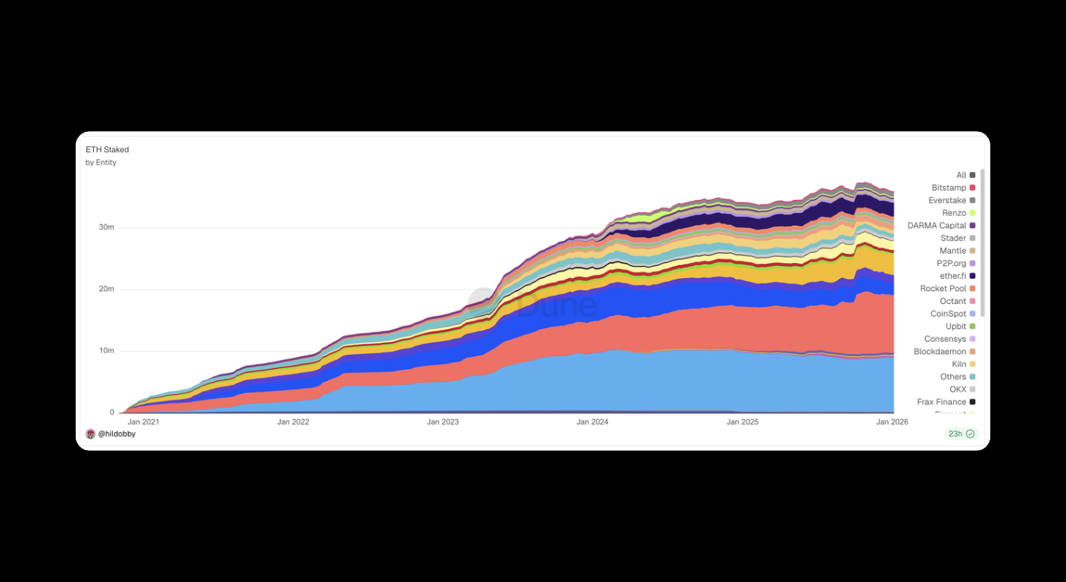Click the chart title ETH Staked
coord(107,150)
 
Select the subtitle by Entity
coord(101,163)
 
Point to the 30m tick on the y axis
coord(106,228)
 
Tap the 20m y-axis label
coord(106,289)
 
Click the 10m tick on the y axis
coord(106,351)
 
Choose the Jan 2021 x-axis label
coord(144,422)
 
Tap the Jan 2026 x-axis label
coord(892,422)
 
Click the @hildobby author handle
coord(117,434)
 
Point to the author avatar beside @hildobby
coord(91,434)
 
